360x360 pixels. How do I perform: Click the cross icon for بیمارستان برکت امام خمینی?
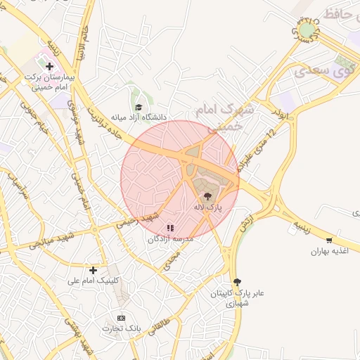coord(49,66)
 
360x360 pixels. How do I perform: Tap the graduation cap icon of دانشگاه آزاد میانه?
coord(139,107)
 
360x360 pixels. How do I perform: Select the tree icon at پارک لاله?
coord(207,197)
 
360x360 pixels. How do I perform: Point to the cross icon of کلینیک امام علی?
coord(93,270)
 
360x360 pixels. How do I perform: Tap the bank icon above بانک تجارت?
coord(122,318)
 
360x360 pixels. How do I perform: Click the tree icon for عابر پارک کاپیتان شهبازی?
coord(236,281)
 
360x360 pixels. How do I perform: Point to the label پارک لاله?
coord(208,208)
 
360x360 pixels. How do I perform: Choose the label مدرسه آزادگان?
coord(170,239)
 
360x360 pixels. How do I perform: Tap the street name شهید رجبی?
coord(135,221)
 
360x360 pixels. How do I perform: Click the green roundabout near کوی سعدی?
coord(307,30)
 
